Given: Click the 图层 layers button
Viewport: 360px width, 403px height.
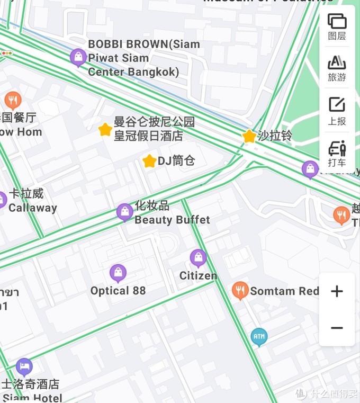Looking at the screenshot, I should click(337, 26).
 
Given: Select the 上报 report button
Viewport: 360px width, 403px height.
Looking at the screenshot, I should click(337, 111).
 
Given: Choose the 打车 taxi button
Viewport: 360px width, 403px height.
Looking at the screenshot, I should click(337, 154).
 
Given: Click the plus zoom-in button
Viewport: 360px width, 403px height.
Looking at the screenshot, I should click(337, 291).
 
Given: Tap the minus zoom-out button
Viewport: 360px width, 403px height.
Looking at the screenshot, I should click(337, 328).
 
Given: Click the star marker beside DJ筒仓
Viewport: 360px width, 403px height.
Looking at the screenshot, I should click(149, 161).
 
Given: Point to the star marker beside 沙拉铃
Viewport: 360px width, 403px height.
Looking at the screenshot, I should click(249, 136).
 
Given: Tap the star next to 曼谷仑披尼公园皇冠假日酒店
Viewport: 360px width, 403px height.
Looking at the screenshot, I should click(105, 129).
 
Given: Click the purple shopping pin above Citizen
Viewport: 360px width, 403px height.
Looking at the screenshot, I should click(198, 258).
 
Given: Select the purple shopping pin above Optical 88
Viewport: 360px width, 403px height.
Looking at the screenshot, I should click(118, 273).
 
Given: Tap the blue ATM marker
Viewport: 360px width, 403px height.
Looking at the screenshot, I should click(259, 336).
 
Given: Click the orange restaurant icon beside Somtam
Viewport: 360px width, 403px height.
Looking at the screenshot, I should click(240, 290).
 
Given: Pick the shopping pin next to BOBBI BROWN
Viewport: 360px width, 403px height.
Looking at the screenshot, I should click(78, 57).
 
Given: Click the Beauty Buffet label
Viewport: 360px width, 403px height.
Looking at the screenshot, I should click(172, 220).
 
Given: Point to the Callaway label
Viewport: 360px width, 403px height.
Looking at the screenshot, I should click(32, 208).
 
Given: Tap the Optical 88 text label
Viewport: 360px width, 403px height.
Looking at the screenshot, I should click(118, 290).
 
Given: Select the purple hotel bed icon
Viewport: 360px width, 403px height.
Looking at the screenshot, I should click(24, 366).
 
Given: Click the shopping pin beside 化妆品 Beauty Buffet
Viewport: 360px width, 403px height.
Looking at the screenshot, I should click(124, 212).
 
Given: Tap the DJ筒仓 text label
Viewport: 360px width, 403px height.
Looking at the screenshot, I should click(176, 160).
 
